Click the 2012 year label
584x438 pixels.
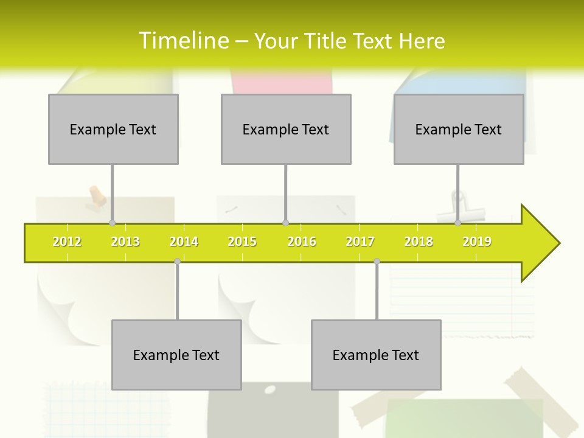point(67,242)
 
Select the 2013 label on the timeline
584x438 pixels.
point(125,242)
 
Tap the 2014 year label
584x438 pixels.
point(184,242)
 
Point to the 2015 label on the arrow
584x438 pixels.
point(242,242)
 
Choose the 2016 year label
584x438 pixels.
point(302,242)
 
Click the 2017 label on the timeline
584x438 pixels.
point(360,242)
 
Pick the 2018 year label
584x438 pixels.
point(419,242)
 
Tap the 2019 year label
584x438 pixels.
point(477,242)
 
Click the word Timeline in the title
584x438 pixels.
point(182,41)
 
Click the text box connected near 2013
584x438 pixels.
point(113,129)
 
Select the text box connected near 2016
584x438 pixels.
point(286,129)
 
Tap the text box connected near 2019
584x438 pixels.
point(459,129)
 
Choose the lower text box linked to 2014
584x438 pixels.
point(176,355)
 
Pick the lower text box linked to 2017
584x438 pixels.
point(376,355)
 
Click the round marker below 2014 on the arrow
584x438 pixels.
point(177,261)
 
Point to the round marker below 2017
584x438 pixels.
point(377,261)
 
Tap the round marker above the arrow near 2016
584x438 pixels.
point(285,223)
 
